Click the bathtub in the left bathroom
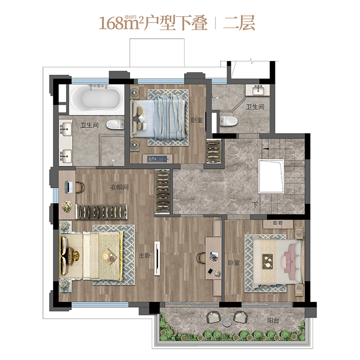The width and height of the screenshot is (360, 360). tap(97, 99)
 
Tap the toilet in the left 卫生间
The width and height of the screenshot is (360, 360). tap(115, 125)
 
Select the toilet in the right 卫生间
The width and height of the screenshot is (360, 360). tap(228, 121)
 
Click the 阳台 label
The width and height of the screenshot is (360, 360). tap(273, 320)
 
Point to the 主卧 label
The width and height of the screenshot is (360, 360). tap(144, 255)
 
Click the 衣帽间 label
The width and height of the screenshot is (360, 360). tap(119, 187)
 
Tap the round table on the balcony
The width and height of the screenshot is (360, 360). tap(227, 321)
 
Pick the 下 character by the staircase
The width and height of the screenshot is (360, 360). tap(255, 204)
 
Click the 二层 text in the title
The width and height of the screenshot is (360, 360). tap(239, 23)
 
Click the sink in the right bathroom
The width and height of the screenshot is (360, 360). tap(258, 90)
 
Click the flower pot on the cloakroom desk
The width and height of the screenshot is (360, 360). tap(67, 206)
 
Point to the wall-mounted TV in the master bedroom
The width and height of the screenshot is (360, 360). tap(157, 258)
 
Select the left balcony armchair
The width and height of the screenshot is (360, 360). tap(214, 317)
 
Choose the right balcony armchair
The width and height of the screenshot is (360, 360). tap(241, 317)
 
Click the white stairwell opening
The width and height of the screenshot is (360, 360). tap(271, 176)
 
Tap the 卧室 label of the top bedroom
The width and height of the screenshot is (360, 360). tap(197, 120)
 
